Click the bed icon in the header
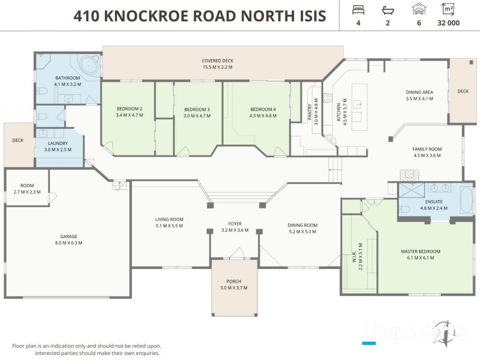click(358, 10)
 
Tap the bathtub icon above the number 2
click(388, 10)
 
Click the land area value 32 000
click(449, 23)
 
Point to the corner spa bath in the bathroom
click(90, 65)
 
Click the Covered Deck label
click(217, 60)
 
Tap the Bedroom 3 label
click(197, 109)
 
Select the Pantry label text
click(310, 112)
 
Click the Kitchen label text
click(338, 112)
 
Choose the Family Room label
click(427, 149)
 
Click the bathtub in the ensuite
click(466, 200)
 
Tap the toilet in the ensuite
click(405, 210)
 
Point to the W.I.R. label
click(354, 256)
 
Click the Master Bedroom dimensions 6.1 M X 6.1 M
click(420, 258)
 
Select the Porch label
click(234, 281)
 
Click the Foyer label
click(235, 224)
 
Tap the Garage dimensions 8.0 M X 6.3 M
click(68, 243)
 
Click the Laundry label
click(58, 143)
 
